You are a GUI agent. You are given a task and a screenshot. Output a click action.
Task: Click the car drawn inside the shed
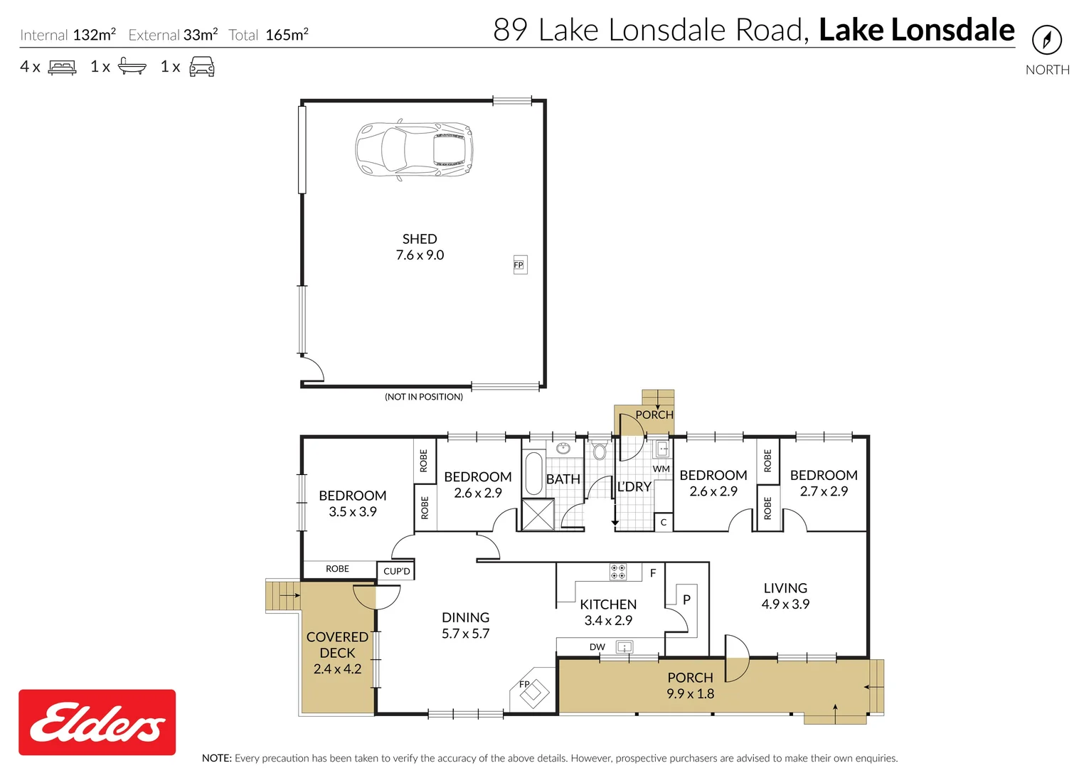pos(414,150)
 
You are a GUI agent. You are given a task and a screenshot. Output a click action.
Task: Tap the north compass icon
pos(1046,40)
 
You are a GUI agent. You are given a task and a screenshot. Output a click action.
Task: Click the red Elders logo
pos(97,722)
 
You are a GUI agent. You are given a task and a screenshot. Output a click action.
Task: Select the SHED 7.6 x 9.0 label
pos(420,247)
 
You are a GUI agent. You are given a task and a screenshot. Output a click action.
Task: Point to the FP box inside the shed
pos(519,265)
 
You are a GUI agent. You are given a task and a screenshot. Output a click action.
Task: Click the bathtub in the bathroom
pos(533,474)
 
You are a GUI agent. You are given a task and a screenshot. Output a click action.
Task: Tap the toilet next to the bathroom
pos(600,451)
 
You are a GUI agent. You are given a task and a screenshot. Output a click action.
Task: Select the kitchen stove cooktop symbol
pos(617,571)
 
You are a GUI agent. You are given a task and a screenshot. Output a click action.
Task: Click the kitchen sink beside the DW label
pos(624,646)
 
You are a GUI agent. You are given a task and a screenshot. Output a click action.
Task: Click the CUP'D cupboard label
pos(396,571)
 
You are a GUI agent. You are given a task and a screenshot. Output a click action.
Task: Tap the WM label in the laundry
pos(661,469)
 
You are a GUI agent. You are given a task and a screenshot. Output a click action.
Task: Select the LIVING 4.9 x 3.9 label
pos(785,596)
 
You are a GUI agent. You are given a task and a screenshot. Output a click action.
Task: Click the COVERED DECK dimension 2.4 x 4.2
pos(337,668)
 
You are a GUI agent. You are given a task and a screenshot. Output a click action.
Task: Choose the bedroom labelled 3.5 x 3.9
pos(353,503)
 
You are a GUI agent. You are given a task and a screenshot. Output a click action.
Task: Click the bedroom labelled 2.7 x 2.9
pos(824,483)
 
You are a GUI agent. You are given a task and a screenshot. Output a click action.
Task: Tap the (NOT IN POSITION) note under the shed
pos(424,397)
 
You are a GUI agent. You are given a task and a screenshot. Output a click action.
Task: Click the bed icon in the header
pos(62,68)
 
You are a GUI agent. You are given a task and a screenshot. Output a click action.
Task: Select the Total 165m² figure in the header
pos(269,35)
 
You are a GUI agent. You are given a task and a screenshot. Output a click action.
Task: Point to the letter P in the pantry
pos(686,599)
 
